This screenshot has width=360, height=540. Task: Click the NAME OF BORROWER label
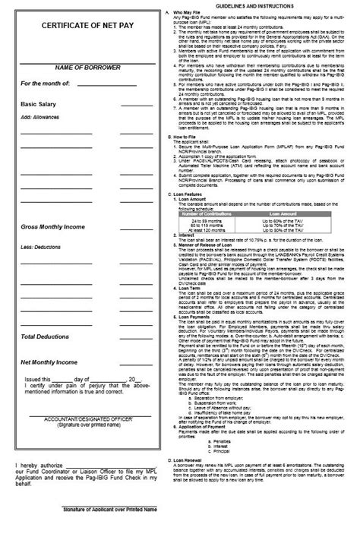71,70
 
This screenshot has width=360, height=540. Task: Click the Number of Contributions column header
213,214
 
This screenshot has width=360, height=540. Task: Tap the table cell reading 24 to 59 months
213,219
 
